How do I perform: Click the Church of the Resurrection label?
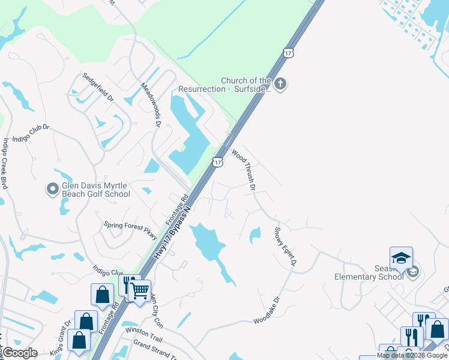coord(246,85)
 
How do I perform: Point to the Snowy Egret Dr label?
coord(286,246)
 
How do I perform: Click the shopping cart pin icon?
coord(140,291)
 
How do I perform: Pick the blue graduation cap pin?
coord(401,258)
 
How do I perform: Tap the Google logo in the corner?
coord(20,353)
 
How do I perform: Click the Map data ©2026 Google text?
coord(412,355)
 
